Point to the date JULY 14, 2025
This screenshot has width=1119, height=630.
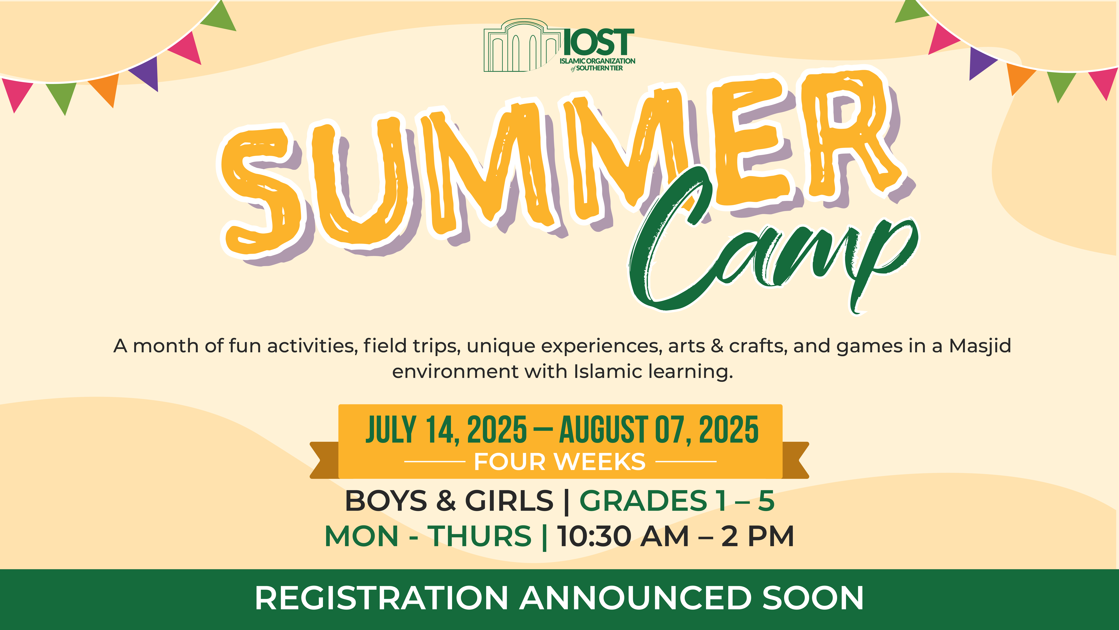(x=446, y=430)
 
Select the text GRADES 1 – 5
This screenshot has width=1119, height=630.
(x=677, y=501)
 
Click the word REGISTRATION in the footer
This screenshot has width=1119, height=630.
(x=381, y=598)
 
